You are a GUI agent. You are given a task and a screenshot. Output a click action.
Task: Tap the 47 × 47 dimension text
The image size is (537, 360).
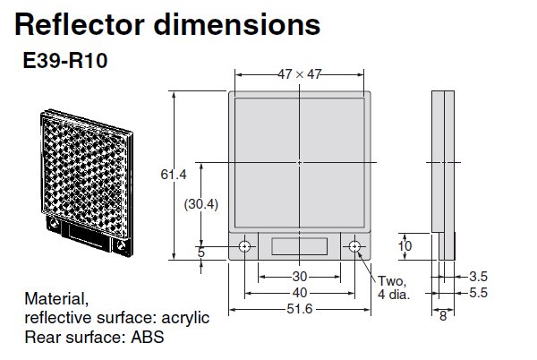[298, 75]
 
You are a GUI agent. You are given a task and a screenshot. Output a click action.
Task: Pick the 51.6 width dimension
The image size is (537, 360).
[299, 311]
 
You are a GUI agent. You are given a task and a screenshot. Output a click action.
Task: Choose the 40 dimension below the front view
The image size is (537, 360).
[299, 292]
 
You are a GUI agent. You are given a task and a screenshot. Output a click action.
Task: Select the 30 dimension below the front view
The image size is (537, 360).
[299, 276]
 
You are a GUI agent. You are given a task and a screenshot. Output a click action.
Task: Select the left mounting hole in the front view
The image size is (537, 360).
[244, 246]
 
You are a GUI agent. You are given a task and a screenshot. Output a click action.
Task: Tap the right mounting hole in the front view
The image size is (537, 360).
[355, 246]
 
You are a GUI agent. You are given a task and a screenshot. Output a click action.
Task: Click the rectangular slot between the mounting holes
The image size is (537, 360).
[300, 246]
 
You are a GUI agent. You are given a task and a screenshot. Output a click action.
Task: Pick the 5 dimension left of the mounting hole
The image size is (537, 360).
[201, 253]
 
